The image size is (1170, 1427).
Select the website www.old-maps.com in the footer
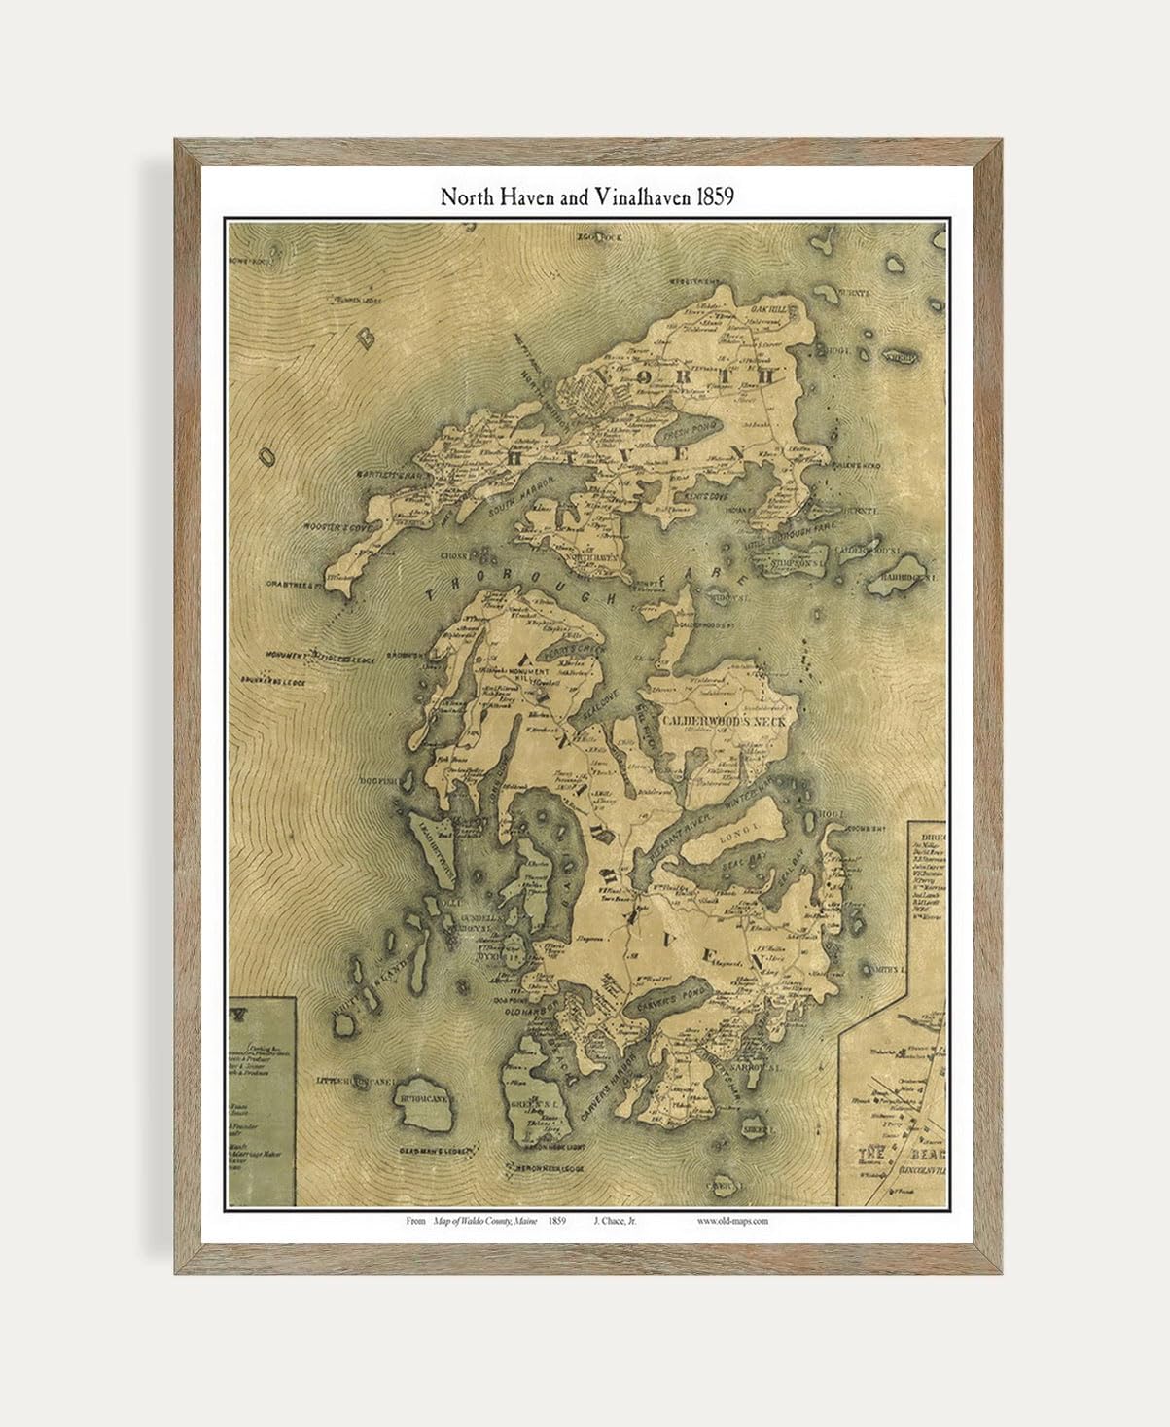732,1221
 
